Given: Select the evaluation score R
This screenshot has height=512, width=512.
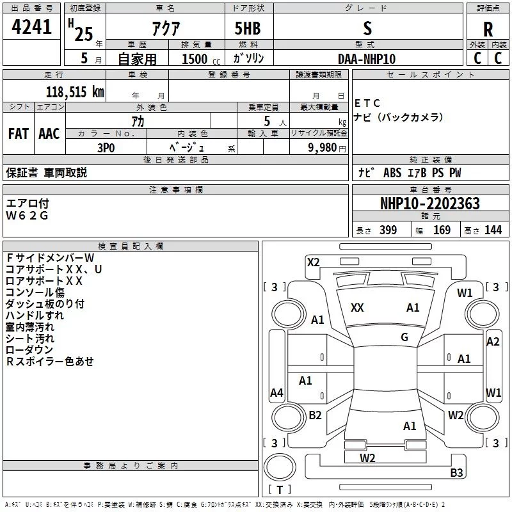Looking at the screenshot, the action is pos(488,29).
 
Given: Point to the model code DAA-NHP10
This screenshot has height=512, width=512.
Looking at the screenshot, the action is pos(367,58).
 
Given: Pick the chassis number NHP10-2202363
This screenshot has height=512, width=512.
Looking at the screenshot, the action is pos(429,204).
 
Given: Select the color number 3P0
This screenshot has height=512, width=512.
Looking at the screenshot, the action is pos(106,147).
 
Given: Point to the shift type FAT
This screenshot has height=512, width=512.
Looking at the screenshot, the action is pos(18,134).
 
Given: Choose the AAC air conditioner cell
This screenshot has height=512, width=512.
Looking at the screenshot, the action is pos(49,134).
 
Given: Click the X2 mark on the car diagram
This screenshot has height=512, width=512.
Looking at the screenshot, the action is pos(314,262).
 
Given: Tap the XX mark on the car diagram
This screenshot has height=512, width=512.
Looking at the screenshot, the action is pos(357,308).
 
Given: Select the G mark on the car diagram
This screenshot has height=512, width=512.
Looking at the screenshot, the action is pos(404,337).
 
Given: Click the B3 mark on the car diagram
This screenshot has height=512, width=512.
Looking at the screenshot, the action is pos(456,473).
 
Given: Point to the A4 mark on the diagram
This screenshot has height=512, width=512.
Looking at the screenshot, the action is pos(276,392).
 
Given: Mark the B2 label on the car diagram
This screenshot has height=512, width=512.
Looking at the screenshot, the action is pos(315,415).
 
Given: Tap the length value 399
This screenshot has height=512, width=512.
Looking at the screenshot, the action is pos(388,230).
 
